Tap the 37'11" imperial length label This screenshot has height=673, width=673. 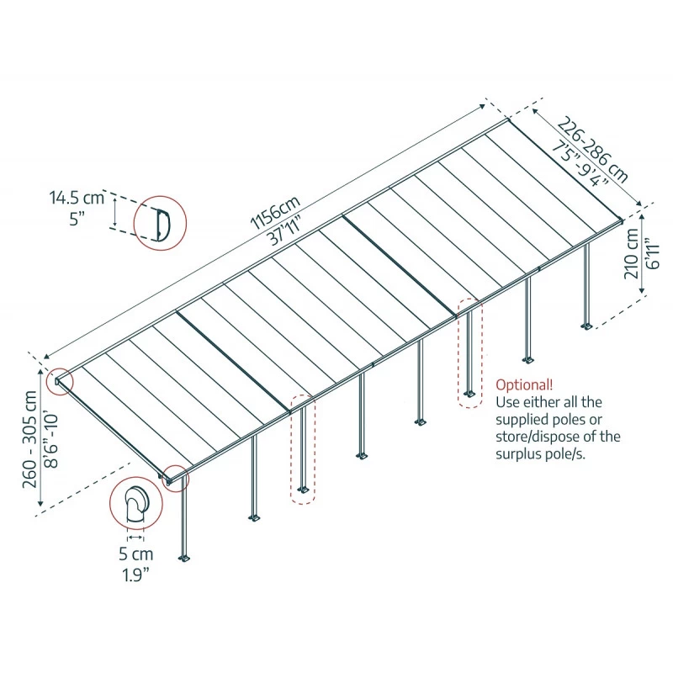pyautogui.click(x=286, y=234)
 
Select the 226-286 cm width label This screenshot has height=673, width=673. pyautogui.click(x=594, y=151)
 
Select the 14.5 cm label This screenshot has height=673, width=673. pyautogui.click(x=76, y=199)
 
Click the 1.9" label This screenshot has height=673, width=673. pyautogui.click(x=135, y=575)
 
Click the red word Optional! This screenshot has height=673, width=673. pyautogui.click(x=524, y=384)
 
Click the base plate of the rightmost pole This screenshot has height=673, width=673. pyautogui.click(x=587, y=326)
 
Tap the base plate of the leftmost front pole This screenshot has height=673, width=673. pyautogui.click(x=184, y=558)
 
